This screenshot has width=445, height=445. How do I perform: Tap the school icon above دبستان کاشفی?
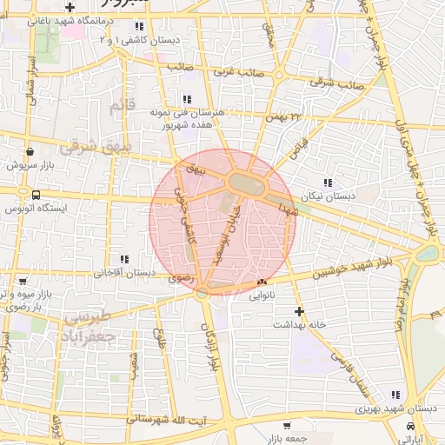[x=139, y=27]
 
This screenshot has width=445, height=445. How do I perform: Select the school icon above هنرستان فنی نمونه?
[x=187, y=98]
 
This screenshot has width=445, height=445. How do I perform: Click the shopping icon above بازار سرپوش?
[x=30, y=149]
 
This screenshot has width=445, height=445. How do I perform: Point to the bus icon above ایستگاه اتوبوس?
[x=36, y=195]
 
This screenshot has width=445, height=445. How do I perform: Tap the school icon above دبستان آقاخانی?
[x=124, y=258]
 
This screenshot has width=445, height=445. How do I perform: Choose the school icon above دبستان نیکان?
[x=327, y=183]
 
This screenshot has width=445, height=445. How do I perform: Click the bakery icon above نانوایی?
[x=262, y=282]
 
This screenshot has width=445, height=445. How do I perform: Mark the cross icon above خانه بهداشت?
[x=300, y=310]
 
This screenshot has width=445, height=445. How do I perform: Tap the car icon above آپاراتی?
[x=410, y=426]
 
